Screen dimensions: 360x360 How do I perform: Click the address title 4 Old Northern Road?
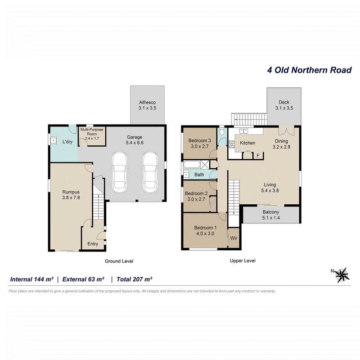click(x=309, y=70)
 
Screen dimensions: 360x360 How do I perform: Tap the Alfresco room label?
click(x=148, y=103)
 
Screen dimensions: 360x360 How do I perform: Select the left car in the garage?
click(x=119, y=172)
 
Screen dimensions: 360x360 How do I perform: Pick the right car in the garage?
click(x=150, y=172)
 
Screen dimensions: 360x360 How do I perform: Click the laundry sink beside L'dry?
click(x=53, y=140)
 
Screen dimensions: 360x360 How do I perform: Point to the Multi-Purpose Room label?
click(x=92, y=131)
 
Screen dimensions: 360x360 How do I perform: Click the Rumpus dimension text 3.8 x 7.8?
click(x=71, y=198)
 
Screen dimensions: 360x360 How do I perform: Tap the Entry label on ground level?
click(x=93, y=244)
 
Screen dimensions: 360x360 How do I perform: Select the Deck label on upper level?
click(x=284, y=102)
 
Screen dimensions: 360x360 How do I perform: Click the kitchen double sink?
click(x=243, y=131)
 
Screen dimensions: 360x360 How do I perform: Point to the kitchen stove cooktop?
click(x=232, y=144)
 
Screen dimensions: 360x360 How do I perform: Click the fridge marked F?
click(x=258, y=156)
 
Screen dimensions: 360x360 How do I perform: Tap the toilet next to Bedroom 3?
click(x=222, y=131)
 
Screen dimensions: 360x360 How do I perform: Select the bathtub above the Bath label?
click(x=192, y=165)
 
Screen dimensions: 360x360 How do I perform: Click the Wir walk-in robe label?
click(x=234, y=238)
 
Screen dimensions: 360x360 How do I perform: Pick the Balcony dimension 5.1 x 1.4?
click(x=271, y=218)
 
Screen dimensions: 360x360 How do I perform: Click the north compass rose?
click(x=342, y=275)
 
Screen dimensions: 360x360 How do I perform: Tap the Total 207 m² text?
click(x=134, y=279)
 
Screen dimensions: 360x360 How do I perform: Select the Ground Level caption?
click(x=119, y=261)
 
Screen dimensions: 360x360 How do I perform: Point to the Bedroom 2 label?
click(x=196, y=193)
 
